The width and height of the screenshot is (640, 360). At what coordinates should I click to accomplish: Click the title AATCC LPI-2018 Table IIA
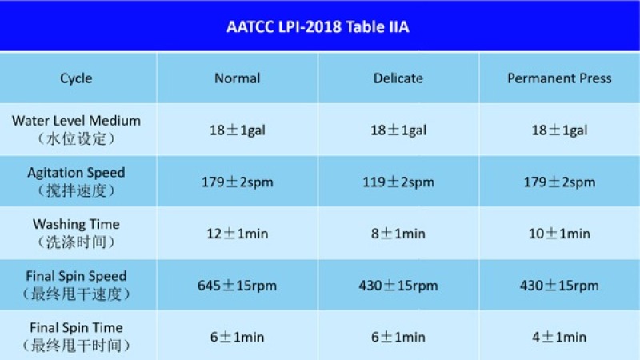(318, 26)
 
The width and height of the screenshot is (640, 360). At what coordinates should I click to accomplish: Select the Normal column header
(237, 78)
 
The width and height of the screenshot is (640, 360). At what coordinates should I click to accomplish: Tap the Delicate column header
(398, 78)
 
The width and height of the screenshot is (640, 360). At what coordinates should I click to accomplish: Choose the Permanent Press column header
(559, 78)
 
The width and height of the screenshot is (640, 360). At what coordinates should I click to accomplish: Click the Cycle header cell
(76, 78)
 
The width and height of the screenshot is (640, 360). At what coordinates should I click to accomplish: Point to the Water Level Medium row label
(76, 130)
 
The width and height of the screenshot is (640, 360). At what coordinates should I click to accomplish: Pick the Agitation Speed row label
(76, 182)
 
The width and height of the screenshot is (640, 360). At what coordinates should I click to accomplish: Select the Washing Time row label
(76, 233)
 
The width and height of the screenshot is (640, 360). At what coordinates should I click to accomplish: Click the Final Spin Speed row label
(76, 285)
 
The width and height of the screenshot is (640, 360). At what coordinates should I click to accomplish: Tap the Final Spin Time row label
(76, 336)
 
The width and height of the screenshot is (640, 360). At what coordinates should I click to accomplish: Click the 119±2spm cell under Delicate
(398, 182)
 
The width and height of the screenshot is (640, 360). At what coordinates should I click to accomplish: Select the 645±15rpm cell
(237, 286)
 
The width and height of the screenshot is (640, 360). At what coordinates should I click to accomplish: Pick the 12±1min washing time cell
(237, 234)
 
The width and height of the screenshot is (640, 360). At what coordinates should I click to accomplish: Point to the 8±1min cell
(398, 234)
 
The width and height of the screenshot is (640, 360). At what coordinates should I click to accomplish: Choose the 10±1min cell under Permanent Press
(559, 234)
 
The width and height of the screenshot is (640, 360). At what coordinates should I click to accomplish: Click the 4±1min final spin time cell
(559, 337)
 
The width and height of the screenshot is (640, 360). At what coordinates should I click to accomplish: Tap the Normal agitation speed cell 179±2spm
(237, 182)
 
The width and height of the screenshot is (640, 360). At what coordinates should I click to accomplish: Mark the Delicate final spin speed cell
(398, 286)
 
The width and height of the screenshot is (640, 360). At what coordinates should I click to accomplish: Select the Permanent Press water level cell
(559, 130)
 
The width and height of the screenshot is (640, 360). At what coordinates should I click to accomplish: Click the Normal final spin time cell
(237, 337)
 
